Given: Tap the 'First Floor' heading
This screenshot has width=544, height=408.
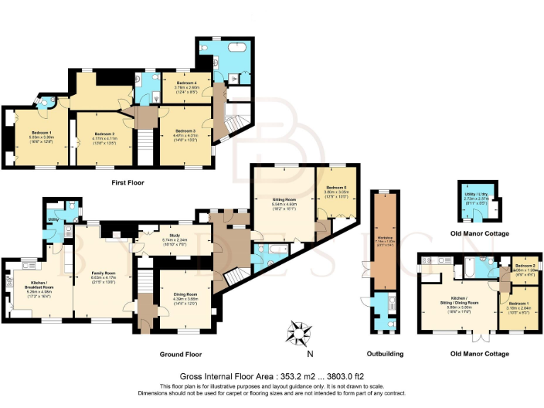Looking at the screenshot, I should point(127,183).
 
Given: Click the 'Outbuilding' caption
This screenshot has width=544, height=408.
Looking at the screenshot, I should point(385,354).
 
